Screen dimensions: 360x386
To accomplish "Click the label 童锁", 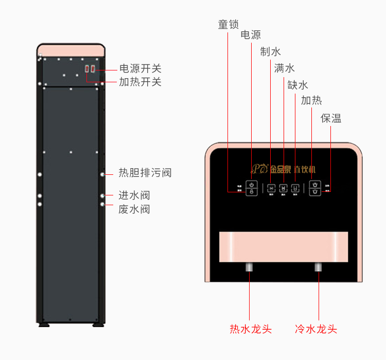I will click(x=228, y=24).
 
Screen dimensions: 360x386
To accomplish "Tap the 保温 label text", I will click(x=331, y=118).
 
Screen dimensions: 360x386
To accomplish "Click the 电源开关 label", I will click(x=141, y=68).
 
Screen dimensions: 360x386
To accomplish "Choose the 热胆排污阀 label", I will click(x=145, y=173).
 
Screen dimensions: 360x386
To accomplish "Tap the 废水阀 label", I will click(x=134, y=209).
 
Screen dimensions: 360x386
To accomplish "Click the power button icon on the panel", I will click(x=252, y=184).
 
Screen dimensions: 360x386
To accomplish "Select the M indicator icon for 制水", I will click(x=271, y=188).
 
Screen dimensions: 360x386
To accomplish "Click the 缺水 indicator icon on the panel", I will click(x=295, y=188).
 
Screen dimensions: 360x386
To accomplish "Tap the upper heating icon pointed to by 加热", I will click(x=316, y=184).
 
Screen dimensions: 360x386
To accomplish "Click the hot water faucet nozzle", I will click(x=250, y=267).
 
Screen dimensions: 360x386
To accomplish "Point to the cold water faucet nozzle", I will click(x=318, y=267).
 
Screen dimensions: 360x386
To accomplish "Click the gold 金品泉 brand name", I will click(x=280, y=169).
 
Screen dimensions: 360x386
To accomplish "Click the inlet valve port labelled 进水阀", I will click(x=103, y=196).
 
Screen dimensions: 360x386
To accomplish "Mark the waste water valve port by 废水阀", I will click(x=103, y=205).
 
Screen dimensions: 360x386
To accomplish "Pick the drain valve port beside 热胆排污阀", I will click(x=103, y=175).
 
